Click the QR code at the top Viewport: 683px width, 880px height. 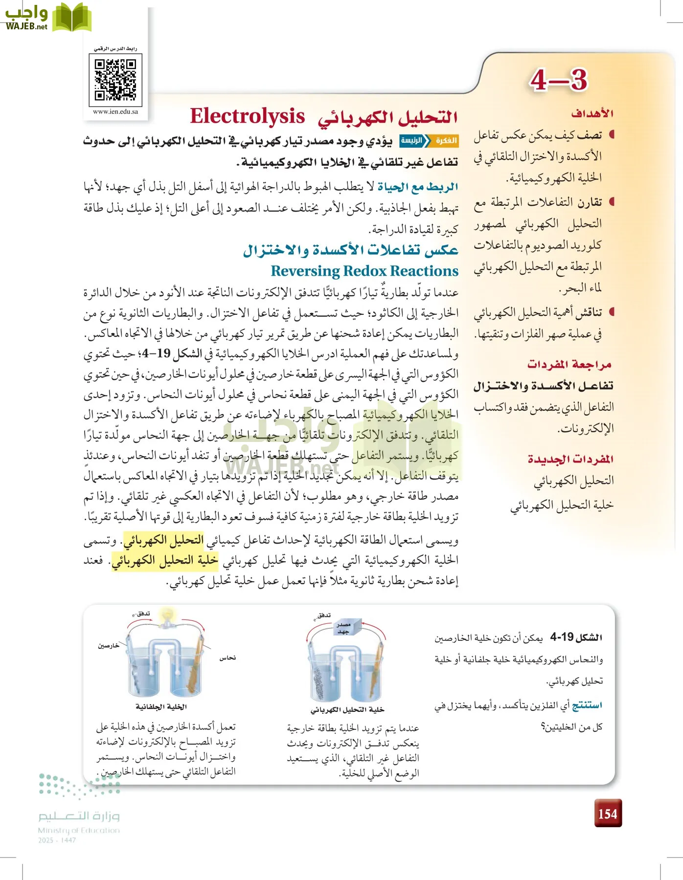point(115,80)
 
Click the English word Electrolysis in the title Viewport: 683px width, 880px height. point(247,116)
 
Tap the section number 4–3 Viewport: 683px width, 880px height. point(558,80)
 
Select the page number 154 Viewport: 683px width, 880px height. point(608,814)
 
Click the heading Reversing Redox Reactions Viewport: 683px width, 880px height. point(364,271)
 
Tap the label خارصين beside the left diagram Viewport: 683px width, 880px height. point(108,645)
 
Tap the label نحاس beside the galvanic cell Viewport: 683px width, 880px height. point(228,658)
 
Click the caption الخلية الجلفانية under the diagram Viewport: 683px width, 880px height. point(161,707)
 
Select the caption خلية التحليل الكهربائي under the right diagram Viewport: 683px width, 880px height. point(347,710)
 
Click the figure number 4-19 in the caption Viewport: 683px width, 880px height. point(562,637)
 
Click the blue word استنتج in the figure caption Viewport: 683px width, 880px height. point(587,705)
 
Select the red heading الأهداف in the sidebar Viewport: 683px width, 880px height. point(592,113)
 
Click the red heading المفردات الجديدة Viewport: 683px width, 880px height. point(570,459)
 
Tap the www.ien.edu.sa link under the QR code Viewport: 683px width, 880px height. point(115,111)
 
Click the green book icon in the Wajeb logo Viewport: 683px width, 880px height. point(71,18)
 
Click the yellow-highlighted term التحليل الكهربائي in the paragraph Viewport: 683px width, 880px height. point(163,540)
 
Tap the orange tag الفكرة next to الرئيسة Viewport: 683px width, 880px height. point(445,141)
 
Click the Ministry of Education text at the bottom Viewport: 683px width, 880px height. point(79,830)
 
